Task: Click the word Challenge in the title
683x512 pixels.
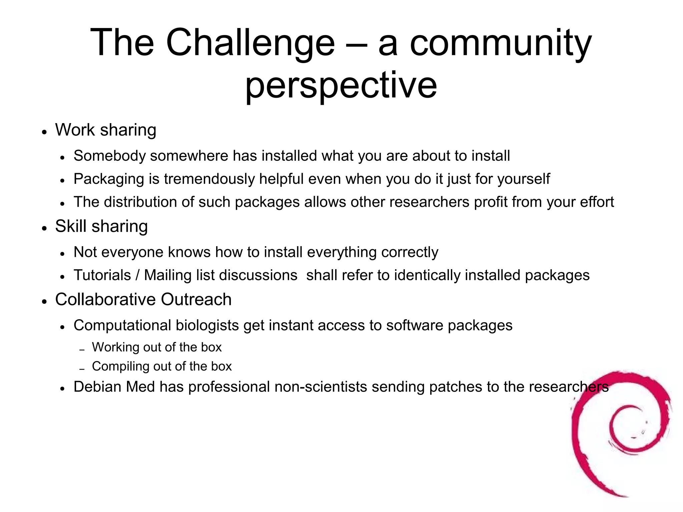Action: click(250, 43)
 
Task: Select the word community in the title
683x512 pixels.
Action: click(501, 43)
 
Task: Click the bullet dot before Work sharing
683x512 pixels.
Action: click(44, 132)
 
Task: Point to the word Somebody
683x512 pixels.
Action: click(109, 156)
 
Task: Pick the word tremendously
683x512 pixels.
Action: click(209, 179)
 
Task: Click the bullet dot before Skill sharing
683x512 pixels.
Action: click(44, 228)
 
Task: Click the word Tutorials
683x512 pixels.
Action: click(102, 275)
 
